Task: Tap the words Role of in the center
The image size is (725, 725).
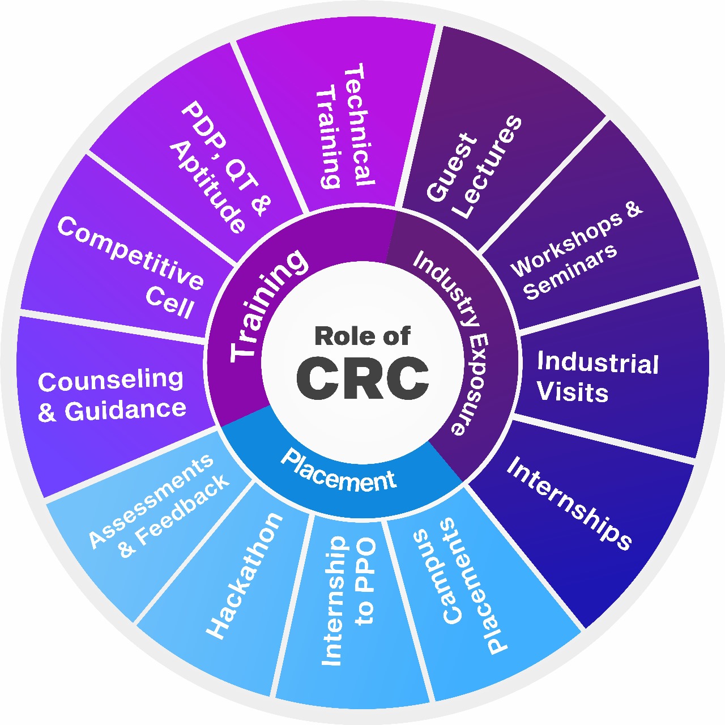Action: [x=362, y=336]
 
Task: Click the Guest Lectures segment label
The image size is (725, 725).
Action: [x=474, y=167]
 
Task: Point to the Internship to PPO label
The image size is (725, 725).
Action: [x=349, y=600]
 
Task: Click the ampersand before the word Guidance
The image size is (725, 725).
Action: [x=46, y=412]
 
